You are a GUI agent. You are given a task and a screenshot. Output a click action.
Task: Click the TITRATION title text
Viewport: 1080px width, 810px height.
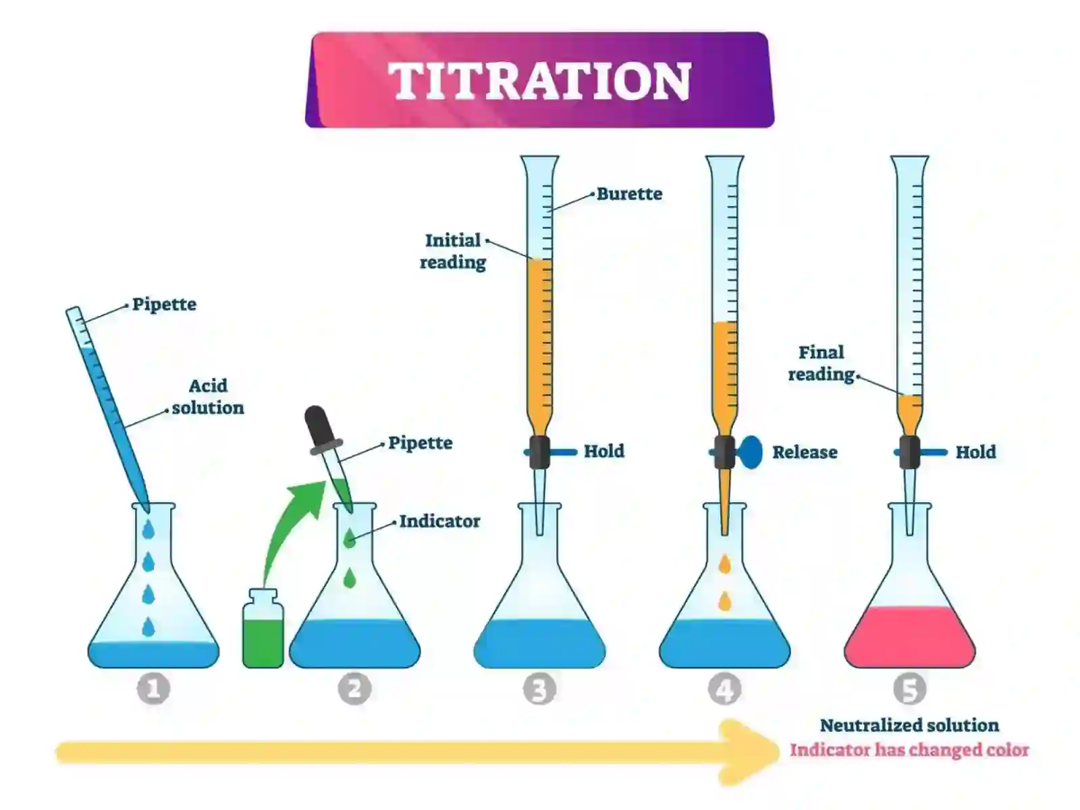(x=540, y=81)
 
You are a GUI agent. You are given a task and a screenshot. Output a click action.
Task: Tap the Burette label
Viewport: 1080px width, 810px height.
(x=629, y=194)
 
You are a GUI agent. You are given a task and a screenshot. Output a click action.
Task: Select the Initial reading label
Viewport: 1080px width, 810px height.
(x=453, y=251)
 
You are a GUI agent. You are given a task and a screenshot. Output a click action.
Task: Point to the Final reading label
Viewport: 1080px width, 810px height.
(x=821, y=363)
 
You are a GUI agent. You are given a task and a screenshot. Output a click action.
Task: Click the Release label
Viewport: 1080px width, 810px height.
(x=805, y=452)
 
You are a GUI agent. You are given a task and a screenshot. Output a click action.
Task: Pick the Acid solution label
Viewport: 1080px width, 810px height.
(x=208, y=397)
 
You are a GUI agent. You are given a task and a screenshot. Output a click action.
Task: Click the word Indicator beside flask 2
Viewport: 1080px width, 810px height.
(x=439, y=521)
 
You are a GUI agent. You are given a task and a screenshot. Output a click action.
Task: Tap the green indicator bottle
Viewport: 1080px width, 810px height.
(x=263, y=628)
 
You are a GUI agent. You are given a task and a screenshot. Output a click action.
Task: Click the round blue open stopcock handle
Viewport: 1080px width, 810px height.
(x=749, y=452)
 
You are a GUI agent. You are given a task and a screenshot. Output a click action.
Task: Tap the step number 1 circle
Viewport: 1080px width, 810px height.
(x=153, y=688)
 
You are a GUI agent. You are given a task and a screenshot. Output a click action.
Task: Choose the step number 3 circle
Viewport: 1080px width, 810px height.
(x=540, y=688)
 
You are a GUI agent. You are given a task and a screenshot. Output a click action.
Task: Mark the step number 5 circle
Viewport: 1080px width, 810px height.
(x=910, y=688)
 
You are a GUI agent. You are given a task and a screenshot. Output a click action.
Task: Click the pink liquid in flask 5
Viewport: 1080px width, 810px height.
(x=910, y=637)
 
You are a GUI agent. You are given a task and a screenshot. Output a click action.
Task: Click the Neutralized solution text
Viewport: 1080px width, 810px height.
(x=909, y=726)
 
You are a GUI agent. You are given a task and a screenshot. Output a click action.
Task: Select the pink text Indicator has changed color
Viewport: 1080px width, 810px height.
(x=909, y=750)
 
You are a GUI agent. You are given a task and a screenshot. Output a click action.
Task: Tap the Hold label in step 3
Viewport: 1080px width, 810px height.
(x=604, y=451)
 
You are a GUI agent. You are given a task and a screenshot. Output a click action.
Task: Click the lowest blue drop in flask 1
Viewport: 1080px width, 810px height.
(x=148, y=627)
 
